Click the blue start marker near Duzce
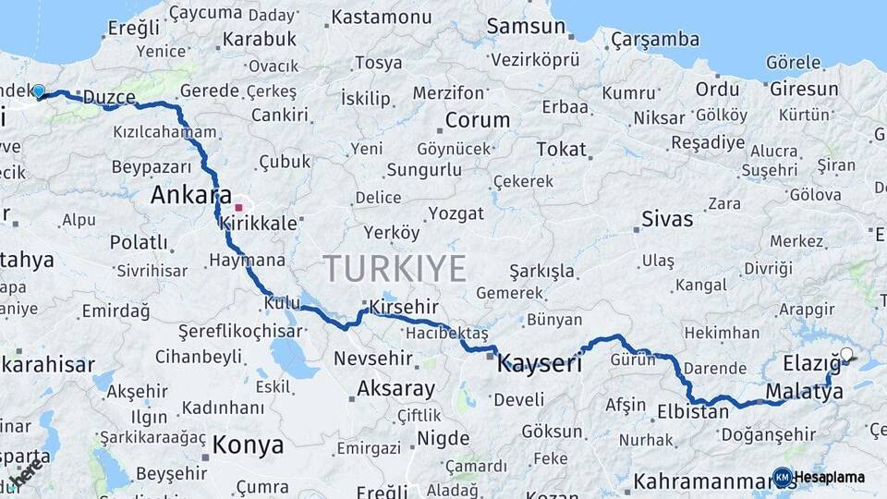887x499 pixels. point(39,91)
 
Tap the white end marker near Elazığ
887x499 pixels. point(846,354)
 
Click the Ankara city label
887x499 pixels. point(190,195)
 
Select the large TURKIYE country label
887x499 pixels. point(395,269)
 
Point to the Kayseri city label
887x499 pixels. point(540,364)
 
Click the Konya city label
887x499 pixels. point(248,445)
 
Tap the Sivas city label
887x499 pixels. point(666,220)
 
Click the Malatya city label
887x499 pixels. point(805,392)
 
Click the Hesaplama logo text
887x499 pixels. point(829,478)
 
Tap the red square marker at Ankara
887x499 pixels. point(238,208)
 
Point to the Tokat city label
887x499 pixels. point(561,149)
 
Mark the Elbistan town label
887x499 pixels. point(692,412)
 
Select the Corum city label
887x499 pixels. point(477,120)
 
